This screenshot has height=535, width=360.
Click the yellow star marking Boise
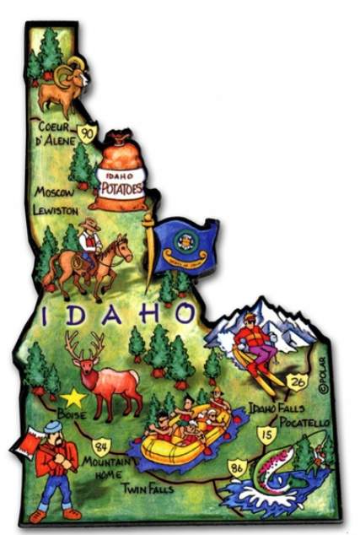(73, 395)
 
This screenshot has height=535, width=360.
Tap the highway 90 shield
(86, 132)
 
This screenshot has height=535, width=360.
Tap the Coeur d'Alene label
(55, 132)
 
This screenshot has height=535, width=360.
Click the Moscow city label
(53, 192)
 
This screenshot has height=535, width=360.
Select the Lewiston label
(56, 208)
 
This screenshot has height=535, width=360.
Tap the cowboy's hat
(89, 224)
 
